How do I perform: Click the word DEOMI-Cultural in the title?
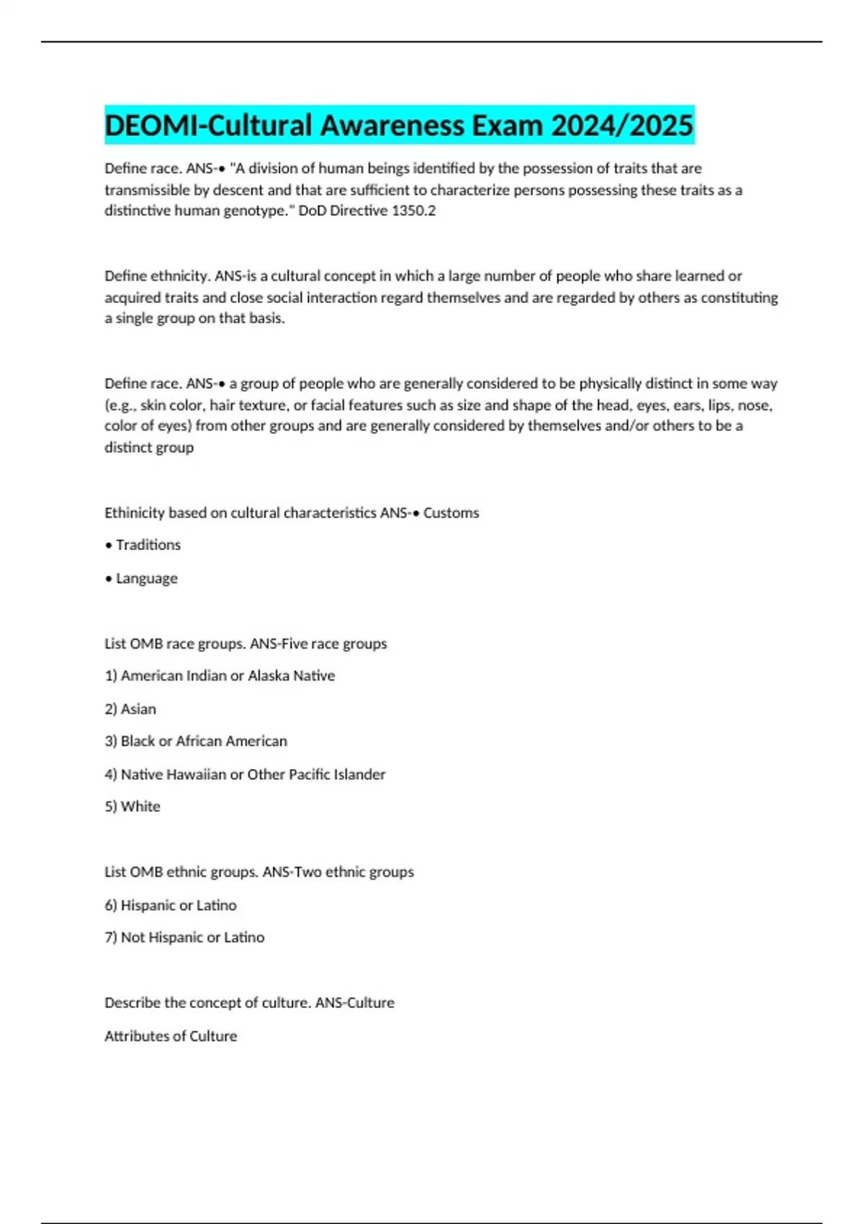(x=209, y=125)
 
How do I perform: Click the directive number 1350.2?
(x=413, y=211)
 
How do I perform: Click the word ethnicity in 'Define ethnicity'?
(x=180, y=276)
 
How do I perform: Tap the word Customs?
(x=451, y=513)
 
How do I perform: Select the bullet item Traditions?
(x=148, y=545)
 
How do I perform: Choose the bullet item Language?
(x=146, y=578)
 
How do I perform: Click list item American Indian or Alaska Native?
(x=227, y=676)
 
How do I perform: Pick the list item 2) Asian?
(x=130, y=709)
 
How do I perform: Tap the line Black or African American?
(x=204, y=741)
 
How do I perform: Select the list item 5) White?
(x=132, y=806)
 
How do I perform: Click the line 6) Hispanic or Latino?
(x=171, y=905)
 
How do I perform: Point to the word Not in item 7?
(x=132, y=937)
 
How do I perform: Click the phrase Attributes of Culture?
(x=171, y=1036)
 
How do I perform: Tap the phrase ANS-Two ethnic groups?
(x=338, y=872)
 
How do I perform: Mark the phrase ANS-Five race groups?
(x=318, y=644)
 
